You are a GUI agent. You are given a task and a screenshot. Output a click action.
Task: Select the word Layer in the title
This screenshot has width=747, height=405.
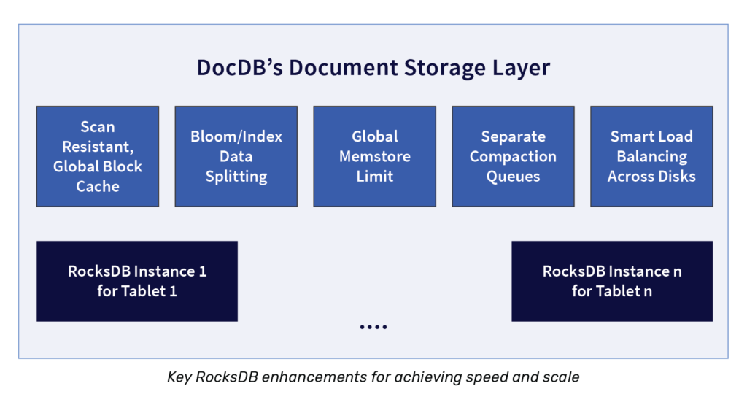tap(521, 68)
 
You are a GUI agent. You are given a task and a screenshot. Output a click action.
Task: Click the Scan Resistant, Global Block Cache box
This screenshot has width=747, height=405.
tap(98, 156)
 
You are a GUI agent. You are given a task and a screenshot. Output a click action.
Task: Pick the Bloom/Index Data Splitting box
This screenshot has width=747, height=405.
tap(236, 156)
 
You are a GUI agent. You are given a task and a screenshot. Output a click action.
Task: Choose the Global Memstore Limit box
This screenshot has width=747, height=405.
tap(375, 156)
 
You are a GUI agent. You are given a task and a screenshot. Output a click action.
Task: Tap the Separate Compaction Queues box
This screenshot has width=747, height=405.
tap(513, 156)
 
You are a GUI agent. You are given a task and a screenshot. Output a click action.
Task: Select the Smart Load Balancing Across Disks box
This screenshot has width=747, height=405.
tap(651, 156)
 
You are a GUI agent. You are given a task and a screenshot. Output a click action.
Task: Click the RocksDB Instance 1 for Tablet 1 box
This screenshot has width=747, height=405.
tap(137, 281)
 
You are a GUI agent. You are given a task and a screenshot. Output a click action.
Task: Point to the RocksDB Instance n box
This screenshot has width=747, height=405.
tap(612, 281)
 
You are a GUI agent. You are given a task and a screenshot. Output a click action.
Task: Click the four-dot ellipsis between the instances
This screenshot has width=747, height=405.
tap(373, 327)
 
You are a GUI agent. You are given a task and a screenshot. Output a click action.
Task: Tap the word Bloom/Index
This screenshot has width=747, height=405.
tap(236, 136)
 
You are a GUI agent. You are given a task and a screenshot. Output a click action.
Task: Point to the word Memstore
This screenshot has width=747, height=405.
tap(375, 156)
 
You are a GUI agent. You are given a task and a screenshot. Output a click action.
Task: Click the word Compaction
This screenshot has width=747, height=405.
tap(513, 156)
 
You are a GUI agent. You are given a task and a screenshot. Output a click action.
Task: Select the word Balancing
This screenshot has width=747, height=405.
tap(651, 156)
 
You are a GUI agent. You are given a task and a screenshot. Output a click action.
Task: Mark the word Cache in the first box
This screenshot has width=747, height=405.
tap(98, 186)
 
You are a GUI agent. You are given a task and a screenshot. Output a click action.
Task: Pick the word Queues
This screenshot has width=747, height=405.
tap(513, 176)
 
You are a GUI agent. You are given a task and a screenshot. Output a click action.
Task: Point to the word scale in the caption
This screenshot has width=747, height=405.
tap(561, 377)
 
